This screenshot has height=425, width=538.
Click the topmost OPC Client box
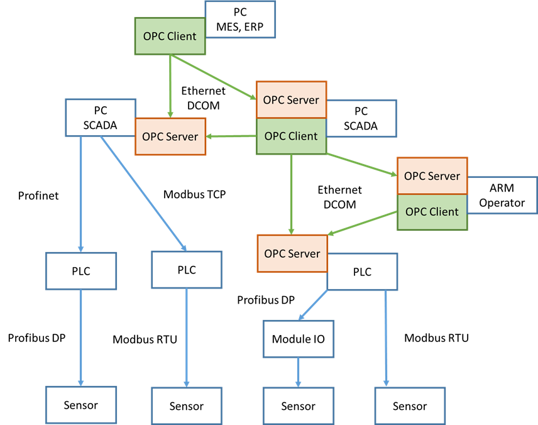pyautogui.click(x=170, y=36)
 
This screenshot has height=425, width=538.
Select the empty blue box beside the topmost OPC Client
pyautogui.click(x=241, y=19)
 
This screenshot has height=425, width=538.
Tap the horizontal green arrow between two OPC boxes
pyautogui.click(x=231, y=136)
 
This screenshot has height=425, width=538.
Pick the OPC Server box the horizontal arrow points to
pyautogui.click(x=170, y=136)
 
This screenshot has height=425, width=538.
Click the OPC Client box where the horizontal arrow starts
pyautogui.click(x=291, y=136)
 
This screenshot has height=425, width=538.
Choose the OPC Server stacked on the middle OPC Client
pyautogui.click(x=291, y=100)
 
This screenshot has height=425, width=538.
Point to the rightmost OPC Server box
pyautogui.click(x=432, y=176)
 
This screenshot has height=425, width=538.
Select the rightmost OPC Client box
pyautogui.click(x=432, y=212)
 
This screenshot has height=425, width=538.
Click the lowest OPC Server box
pyautogui.click(x=292, y=253)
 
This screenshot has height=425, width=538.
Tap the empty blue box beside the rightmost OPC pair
pyautogui.click(x=503, y=195)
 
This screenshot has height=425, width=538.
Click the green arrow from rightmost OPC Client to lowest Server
pyautogui.click(x=363, y=224)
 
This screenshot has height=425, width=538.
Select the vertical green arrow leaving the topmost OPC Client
pyautogui.click(x=170, y=85)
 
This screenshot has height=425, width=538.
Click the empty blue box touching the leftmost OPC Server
pyautogui.click(x=101, y=117)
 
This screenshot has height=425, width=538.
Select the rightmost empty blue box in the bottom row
pyautogui.click(x=410, y=406)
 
